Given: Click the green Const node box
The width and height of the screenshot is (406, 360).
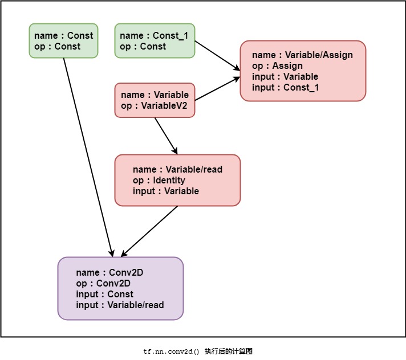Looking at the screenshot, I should (63, 40).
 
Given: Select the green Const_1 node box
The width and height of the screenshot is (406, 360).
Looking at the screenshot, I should (155, 40).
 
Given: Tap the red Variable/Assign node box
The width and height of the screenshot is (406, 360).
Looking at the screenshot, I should (303, 71).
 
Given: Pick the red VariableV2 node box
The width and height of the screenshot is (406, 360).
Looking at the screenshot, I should (155, 100).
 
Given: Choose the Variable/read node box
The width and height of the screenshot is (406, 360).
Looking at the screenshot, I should (177, 180).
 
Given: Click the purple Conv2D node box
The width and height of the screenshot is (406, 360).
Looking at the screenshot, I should (120, 288).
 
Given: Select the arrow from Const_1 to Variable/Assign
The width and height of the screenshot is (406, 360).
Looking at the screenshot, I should (217, 59).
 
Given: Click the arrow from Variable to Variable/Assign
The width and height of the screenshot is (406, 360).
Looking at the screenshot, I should (217, 89).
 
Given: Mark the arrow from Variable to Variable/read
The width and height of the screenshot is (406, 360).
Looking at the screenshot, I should (166, 135).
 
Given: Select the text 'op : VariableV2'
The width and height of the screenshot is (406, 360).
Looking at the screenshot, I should (155, 106).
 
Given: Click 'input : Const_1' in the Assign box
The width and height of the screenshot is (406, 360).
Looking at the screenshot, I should (286, 88).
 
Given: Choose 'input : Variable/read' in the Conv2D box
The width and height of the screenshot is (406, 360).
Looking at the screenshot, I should (120, 305).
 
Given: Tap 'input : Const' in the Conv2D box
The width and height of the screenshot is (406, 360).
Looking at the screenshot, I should (104, 294).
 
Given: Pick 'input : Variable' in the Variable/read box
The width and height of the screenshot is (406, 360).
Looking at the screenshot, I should (166, 191).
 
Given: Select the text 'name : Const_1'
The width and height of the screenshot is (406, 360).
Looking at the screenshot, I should (154, 36).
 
